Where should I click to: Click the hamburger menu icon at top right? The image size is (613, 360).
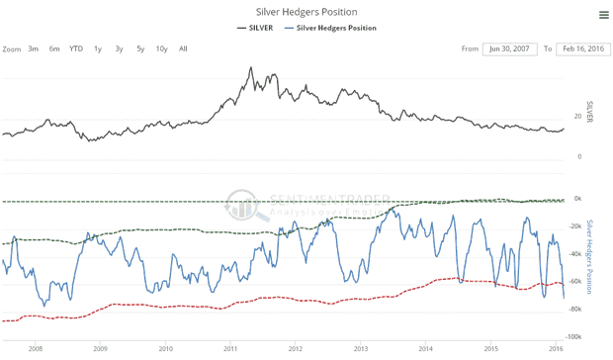pos(603,14)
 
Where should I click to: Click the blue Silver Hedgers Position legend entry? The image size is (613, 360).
pos(335,28)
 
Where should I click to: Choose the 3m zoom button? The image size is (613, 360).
pos(34,48)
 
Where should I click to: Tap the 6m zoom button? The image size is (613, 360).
pos(53,48)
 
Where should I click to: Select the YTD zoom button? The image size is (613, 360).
pos(75,48)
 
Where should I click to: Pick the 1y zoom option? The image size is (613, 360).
pos(97,48)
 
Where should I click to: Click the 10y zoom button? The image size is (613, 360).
pos(161,48)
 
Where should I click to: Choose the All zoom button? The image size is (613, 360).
pos(183,48)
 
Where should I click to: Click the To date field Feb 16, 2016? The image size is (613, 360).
pos(581,48)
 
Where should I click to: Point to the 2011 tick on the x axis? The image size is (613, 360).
pos(229,349)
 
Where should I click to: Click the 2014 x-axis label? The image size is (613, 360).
pos(425,349)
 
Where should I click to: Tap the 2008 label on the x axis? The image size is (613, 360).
pos(36,349)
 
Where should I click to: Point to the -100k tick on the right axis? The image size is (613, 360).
pos(574,338)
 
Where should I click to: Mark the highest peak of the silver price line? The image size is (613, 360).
pos(251,68)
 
